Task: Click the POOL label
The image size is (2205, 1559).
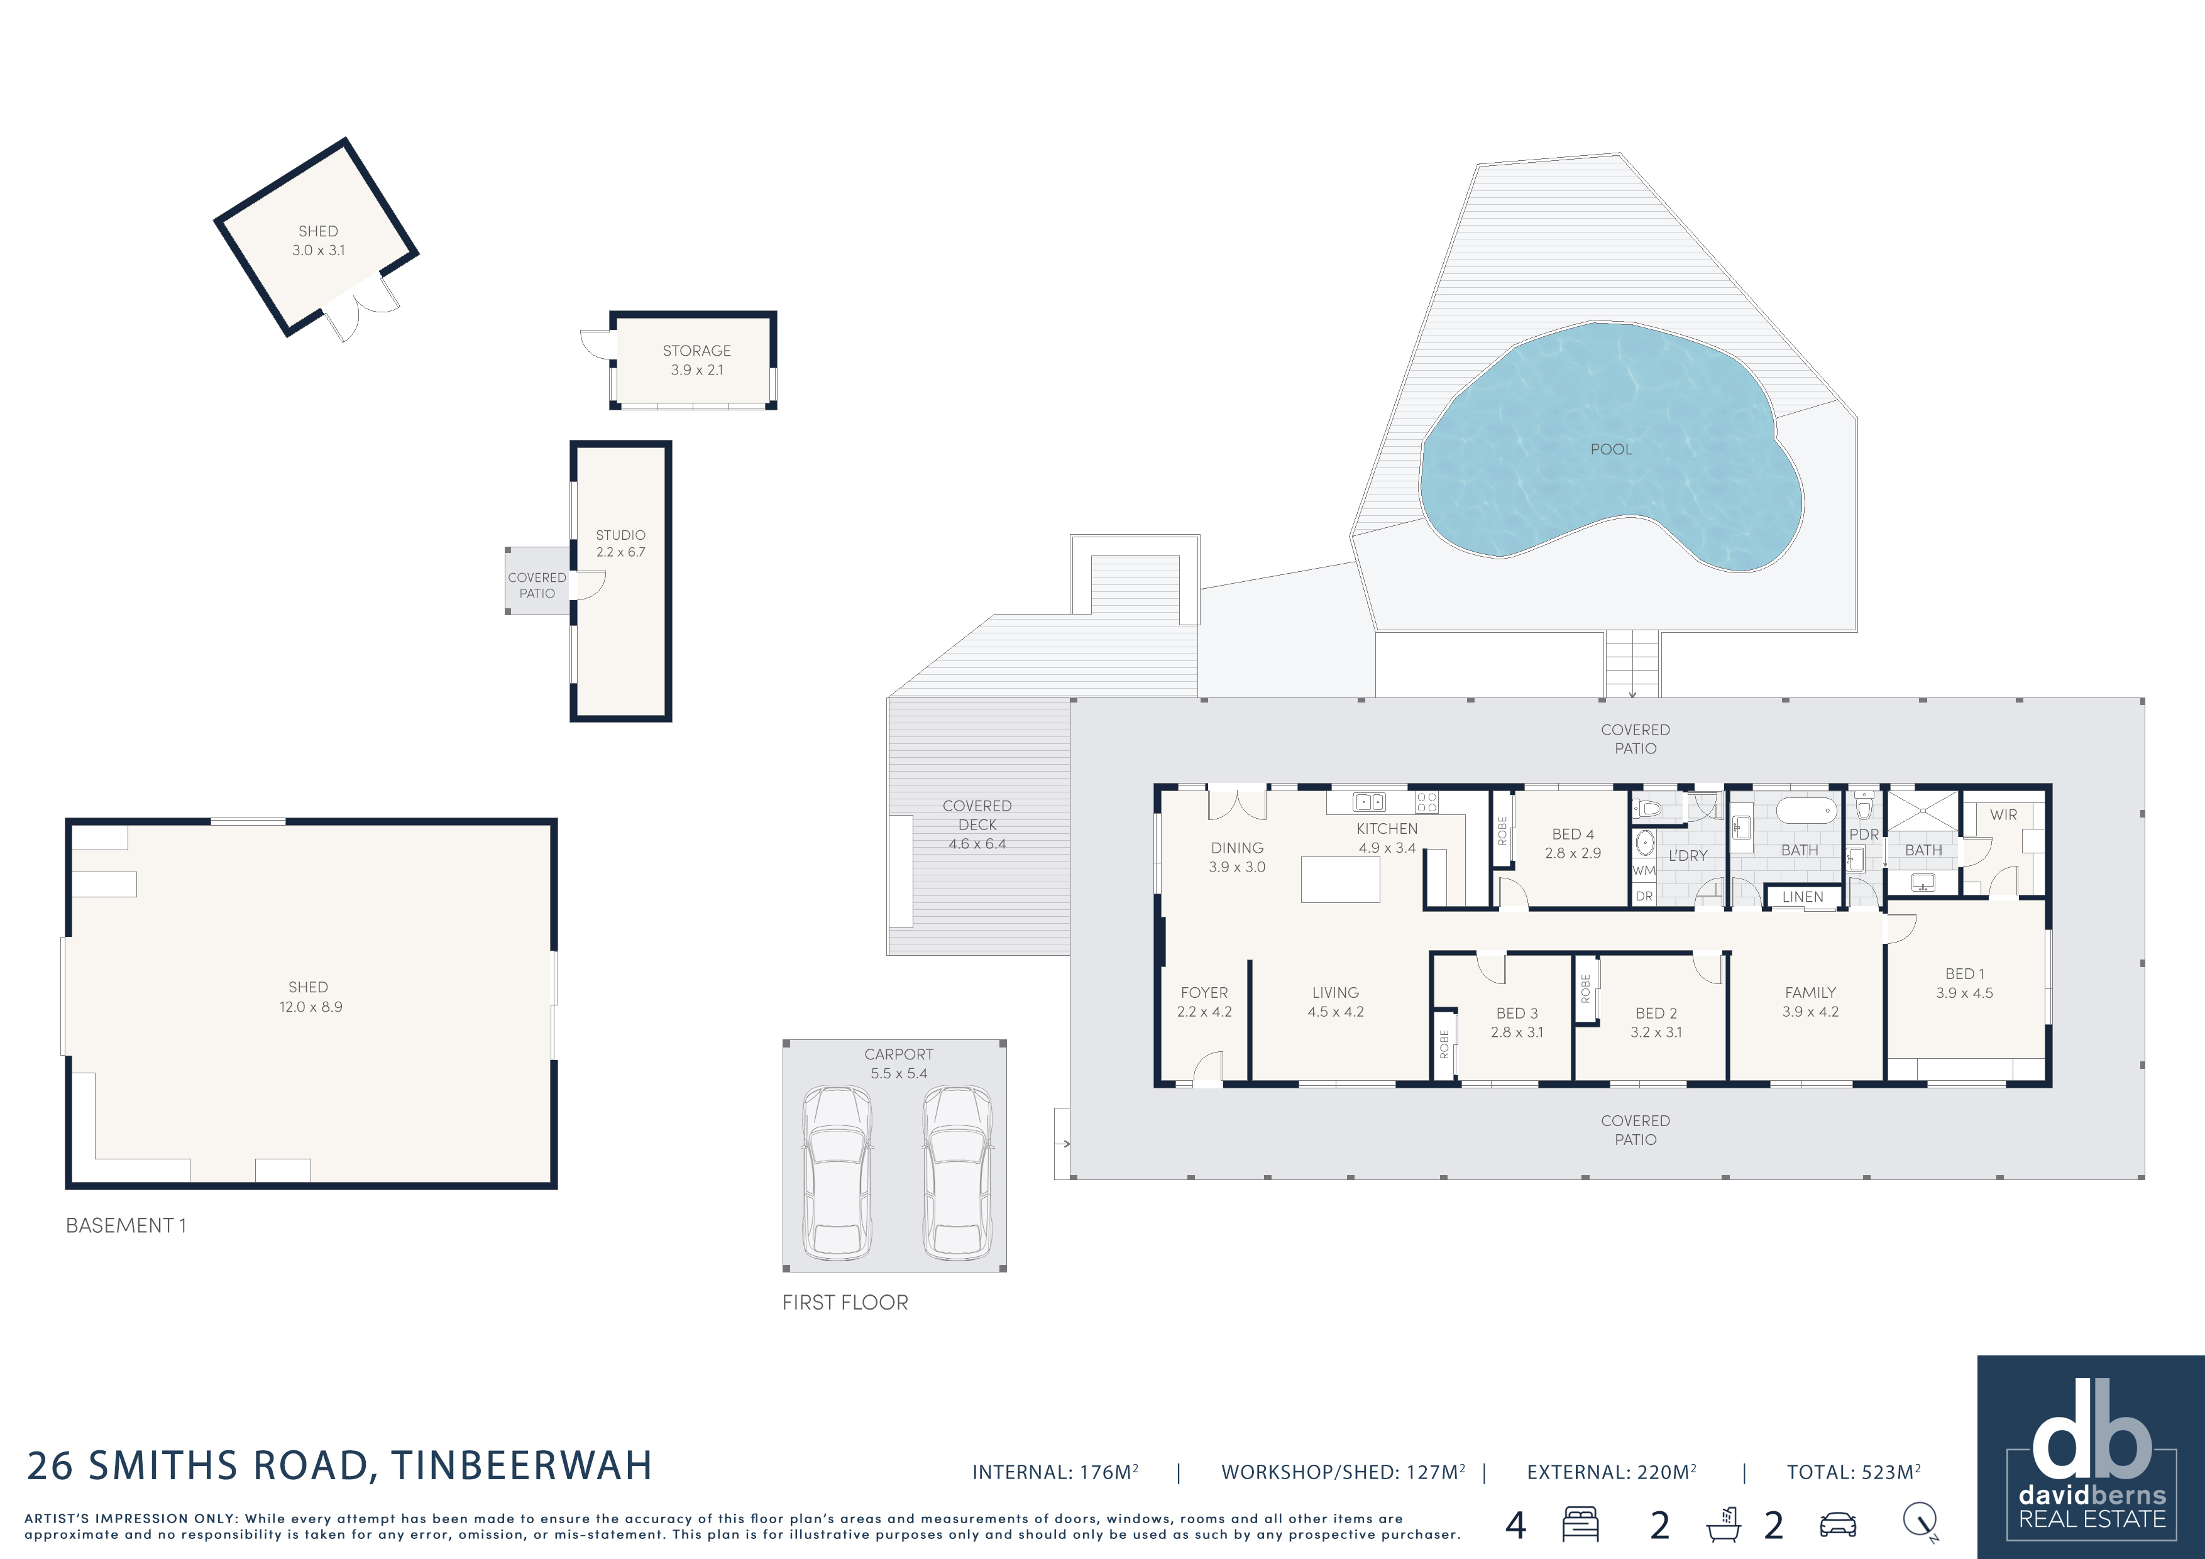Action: (1610, 449)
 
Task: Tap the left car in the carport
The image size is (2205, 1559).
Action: (837, 1173)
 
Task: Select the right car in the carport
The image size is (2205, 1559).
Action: (957, 1173)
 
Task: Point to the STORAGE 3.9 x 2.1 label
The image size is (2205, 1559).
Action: (696, 360)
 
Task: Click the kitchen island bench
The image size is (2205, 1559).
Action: (1339, 879)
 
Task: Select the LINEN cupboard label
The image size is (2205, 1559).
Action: (1803, 897)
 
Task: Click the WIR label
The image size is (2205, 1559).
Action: (2003, 815)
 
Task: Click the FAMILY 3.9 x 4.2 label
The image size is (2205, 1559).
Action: (1810, 1001)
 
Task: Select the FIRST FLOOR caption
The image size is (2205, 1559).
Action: (845, 1303)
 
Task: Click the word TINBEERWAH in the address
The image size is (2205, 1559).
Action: (522, 1466)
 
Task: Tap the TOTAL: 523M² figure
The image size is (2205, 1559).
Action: (1854, 1472)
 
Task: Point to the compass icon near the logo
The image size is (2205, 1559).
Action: (1922, 1521)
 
